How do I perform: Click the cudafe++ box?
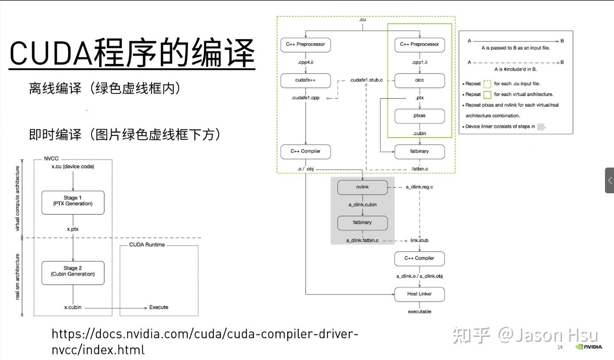(306, 80)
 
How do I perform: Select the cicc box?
(419, 80)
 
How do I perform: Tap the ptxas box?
(419, 116)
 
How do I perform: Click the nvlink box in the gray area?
(362, 187)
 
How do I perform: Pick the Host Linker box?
(419, 294)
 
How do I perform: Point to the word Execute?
(159, 307)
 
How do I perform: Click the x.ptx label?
(73, 229)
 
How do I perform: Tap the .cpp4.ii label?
(306, 62)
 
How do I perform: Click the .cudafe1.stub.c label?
(366, 80)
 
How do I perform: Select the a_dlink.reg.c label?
(419, 187)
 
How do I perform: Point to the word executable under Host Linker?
(419, 312)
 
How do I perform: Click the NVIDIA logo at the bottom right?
(589, 347)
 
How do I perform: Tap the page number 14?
(560, 347)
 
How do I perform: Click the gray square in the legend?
(540, 126)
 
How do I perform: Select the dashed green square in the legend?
(487, 84)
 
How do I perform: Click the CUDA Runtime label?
(147, 245)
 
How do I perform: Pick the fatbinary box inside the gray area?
(362, 223)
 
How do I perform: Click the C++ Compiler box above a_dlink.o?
(419, 258)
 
